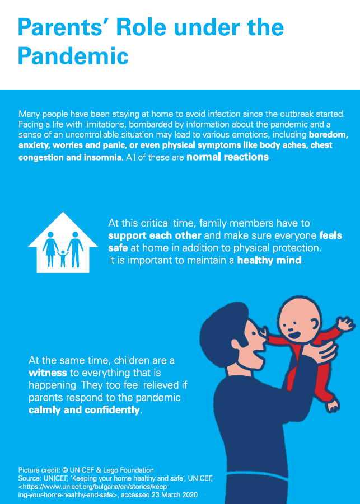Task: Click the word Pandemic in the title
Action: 73,56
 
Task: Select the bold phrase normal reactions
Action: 227,157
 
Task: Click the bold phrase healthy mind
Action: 269,260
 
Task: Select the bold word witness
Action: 47,371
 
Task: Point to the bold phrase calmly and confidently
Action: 84,410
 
